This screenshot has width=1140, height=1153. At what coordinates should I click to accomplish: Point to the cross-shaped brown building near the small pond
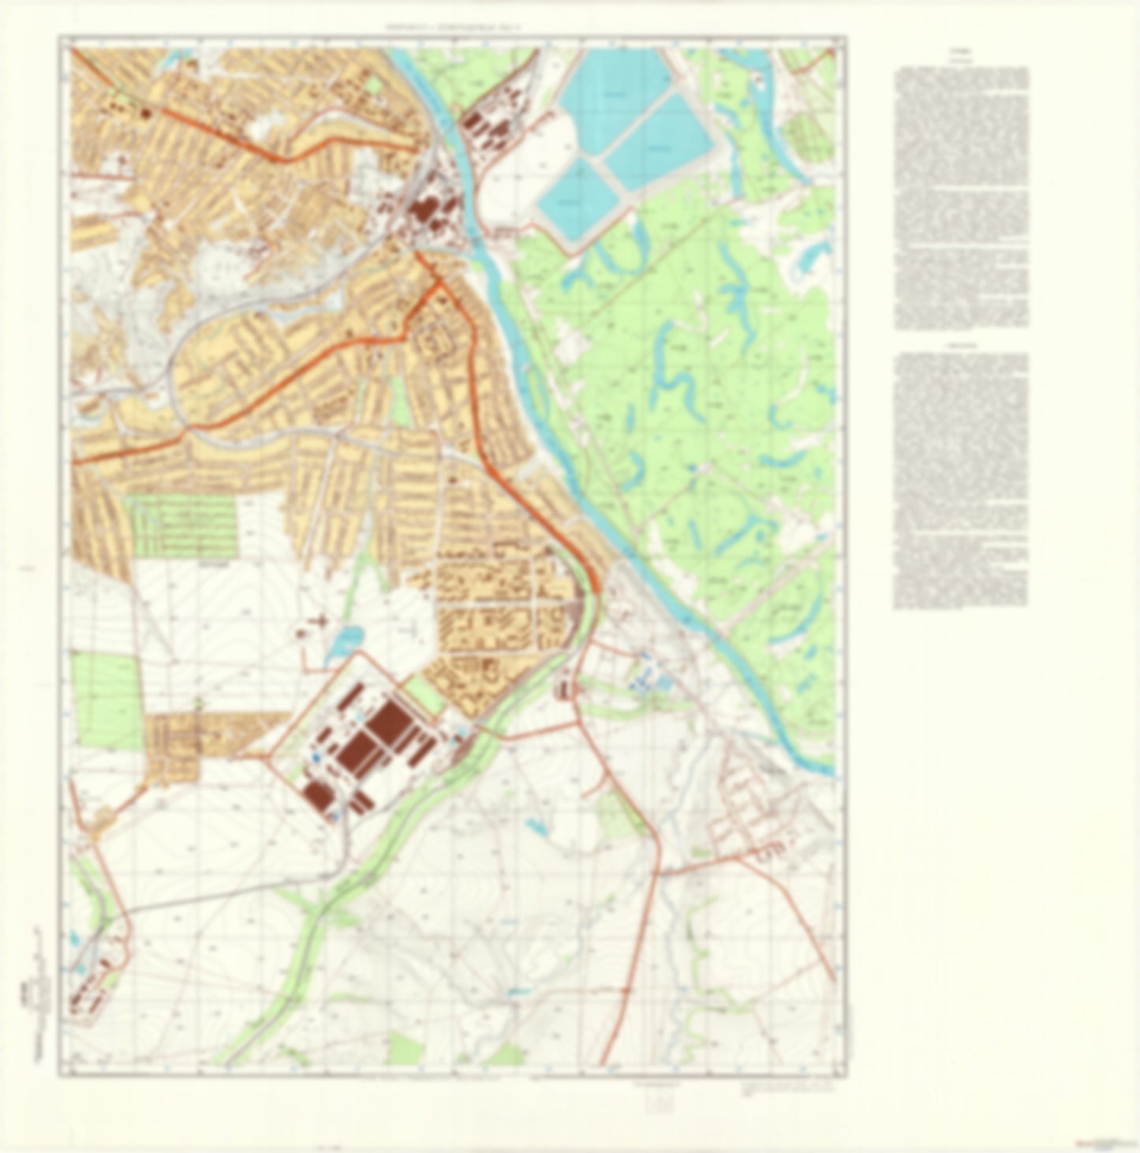(318, 623)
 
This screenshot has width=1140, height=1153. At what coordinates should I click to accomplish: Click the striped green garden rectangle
(182, 525)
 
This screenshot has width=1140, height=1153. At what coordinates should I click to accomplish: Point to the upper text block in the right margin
(961, 197)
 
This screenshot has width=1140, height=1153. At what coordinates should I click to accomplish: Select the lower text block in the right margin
(961, 481)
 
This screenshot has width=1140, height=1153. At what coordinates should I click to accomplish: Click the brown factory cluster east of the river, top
(481, 126)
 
